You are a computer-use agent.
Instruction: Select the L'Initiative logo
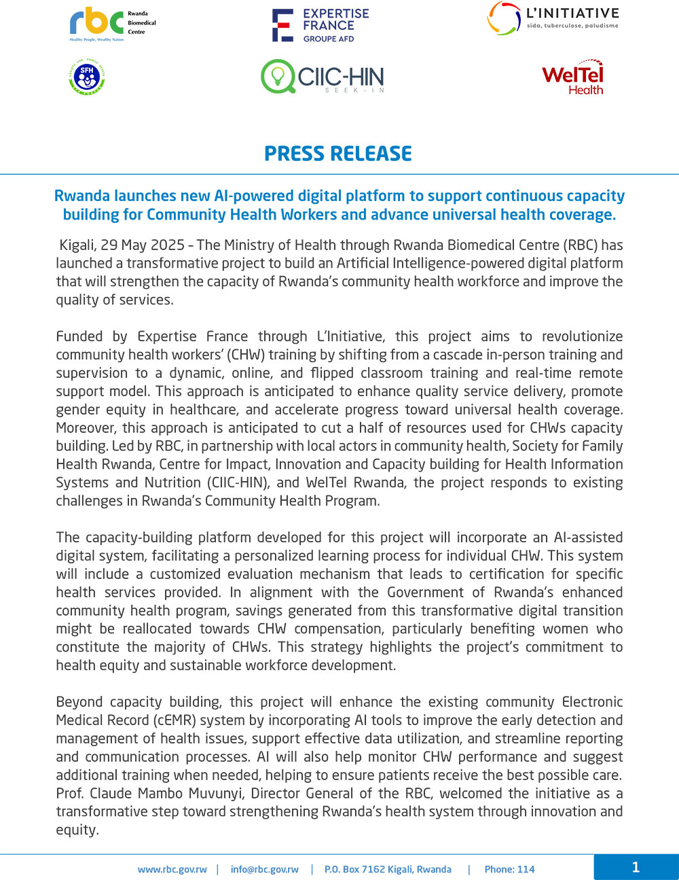pyautogui.click(x=553, y=19)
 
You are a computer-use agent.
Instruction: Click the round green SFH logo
pyautogui.click(x=87, y=77)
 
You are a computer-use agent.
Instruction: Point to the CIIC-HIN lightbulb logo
pyautogui.click(x=322, y=77)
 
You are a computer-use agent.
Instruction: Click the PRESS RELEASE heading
pyautogui.click(x=338, y=154)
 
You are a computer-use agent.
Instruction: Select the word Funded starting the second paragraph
pyautogui.click(x=79, y=336)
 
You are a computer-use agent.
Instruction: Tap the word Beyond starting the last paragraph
pyautogui.click(x=79, y=702)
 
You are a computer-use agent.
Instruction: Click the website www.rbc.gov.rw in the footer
pyautogui.click(x=172, y=869)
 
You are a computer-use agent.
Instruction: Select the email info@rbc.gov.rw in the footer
pyautogui.click(x=264, y=869)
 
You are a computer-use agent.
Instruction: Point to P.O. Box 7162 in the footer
pyautogui.click(x=355, y=869)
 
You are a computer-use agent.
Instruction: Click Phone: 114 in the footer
pyautogui.click(x=509, y=869)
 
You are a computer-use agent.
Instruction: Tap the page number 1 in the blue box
pyautogui.click(x=636, y=867)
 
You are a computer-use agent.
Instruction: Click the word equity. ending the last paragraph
pyautogui.click(x=77, y=830)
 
